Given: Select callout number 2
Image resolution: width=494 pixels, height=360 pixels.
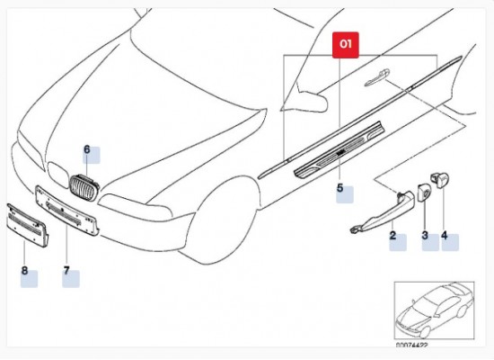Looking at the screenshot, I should click(393, 237).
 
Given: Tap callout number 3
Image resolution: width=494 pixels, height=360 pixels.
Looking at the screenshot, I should click(425, 236).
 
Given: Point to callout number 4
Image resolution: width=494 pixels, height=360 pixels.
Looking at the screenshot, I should click(443, 236).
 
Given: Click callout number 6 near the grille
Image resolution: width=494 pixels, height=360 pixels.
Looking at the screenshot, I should click(87, 149).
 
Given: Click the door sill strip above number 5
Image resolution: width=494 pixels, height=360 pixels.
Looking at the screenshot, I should click(334, 158).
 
